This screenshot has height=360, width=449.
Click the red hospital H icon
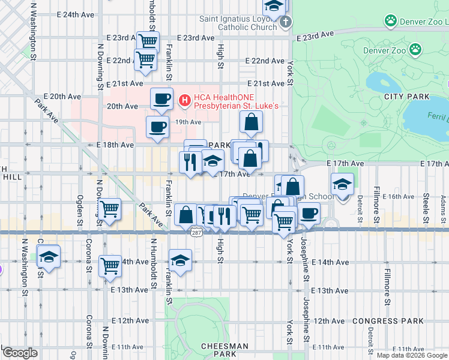(185, 100)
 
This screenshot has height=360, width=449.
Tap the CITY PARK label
(407, 97)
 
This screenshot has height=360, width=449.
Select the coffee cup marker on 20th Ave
(161, 99)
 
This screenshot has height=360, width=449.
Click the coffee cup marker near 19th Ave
(158, 127)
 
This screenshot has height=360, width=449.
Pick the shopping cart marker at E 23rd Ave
(148, 41)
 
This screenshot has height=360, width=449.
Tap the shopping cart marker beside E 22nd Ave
(145, 60)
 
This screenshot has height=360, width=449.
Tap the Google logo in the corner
(20, 353)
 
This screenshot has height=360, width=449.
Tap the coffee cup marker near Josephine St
(309, 213)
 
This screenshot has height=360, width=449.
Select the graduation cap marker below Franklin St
(179, 260)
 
